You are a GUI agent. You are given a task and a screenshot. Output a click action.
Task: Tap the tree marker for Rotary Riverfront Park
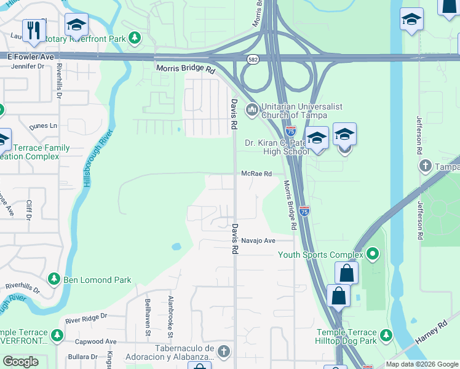(134, 39)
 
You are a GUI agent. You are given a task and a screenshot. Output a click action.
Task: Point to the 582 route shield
(253, 60)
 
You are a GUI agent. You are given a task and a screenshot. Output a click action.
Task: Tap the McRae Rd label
(256, 174)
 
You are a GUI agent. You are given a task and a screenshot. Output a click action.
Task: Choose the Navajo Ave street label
(258, 240)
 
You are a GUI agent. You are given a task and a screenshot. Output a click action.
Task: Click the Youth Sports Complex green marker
(372, 254)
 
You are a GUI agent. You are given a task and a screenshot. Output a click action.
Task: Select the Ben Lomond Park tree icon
(54, 280)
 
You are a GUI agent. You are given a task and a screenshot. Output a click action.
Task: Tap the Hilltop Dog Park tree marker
(386, 336)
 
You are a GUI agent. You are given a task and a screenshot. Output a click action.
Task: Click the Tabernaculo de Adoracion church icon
(224, 352)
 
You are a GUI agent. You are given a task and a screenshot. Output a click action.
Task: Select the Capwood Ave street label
(95, 341)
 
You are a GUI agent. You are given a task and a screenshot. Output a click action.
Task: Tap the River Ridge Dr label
(86, 319)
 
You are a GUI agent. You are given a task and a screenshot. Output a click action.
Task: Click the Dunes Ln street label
(42, 125)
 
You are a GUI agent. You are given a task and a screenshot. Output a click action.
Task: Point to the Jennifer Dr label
(28, 66)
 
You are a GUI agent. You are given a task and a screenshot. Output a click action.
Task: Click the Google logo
(21, 362)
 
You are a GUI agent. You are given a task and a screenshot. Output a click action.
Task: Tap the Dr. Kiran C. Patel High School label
(277, 147)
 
